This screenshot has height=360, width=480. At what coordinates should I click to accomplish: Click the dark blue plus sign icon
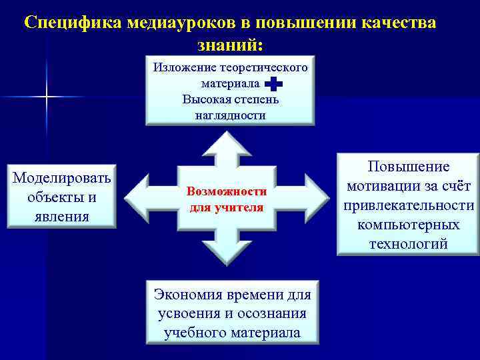[273, 84]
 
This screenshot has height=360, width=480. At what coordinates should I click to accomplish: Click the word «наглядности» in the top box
[230, 115]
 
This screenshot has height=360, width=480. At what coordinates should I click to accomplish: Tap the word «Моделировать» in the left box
[63, 179]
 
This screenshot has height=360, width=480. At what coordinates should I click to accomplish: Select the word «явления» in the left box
[63, 216]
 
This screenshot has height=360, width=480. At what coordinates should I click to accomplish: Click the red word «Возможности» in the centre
[227, 191]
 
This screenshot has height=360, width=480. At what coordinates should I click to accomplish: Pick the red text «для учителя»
[227, 207]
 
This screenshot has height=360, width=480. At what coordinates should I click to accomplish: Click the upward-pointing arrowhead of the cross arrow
[227, 142]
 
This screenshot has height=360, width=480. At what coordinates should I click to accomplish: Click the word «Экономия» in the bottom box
[186, 294]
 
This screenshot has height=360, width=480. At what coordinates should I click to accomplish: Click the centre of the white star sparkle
[47, 97]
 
